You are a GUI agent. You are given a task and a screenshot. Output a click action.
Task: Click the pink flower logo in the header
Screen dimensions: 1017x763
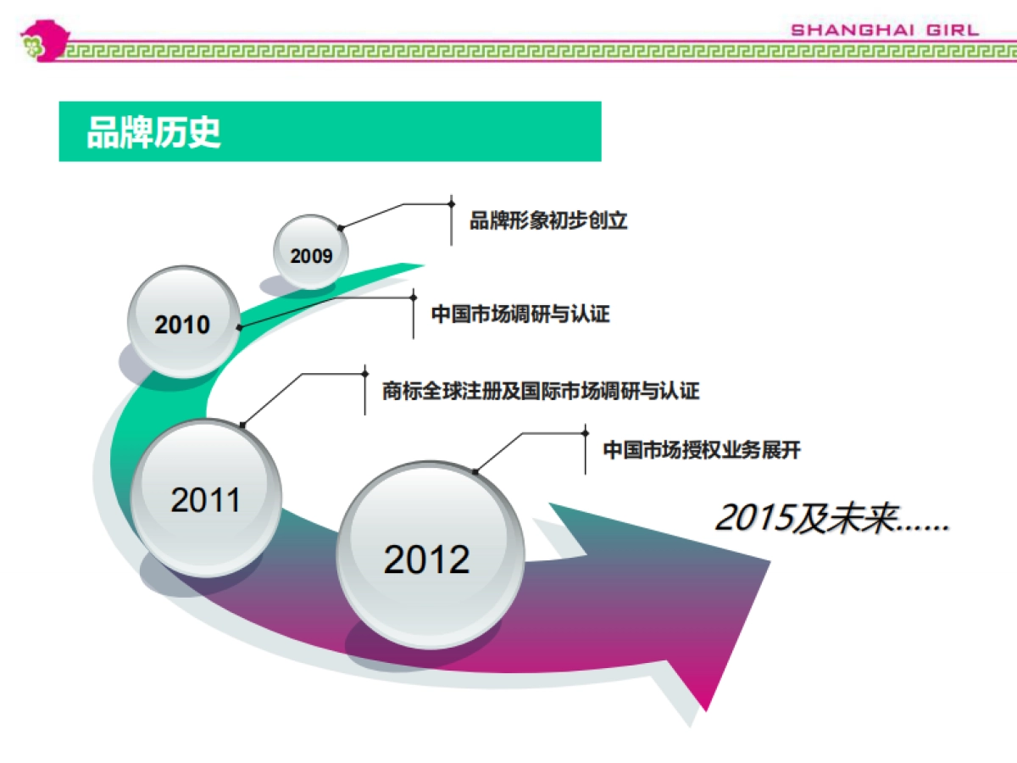point(45,41)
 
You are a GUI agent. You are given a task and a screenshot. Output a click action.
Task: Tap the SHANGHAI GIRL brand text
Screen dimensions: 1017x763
point(885,31)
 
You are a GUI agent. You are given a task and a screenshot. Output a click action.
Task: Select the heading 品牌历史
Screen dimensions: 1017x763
point(153,132)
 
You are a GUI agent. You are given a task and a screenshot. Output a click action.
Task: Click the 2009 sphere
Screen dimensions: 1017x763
point(311,252)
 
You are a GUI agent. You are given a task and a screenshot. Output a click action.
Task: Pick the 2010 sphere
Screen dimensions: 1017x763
point(184,321)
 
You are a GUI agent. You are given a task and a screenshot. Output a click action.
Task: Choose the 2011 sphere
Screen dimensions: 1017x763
point(206,498)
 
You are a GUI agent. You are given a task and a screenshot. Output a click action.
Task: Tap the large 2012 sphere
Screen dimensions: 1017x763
point(430,554)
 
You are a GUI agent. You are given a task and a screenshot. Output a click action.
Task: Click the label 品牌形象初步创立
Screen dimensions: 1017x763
point(548,220)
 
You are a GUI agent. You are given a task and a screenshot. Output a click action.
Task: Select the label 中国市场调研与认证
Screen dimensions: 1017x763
point(520,314)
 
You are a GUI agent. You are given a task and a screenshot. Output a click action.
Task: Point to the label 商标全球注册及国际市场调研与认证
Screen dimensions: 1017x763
point(541,391)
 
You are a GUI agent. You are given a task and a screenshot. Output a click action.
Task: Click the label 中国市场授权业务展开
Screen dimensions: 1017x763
point(702,450)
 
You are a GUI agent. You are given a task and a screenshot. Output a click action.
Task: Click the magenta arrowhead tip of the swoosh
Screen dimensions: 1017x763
point(705,710)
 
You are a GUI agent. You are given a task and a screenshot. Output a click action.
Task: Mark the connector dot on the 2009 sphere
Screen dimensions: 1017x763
point(341,228)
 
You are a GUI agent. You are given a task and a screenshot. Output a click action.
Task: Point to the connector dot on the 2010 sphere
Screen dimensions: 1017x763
point(239,327)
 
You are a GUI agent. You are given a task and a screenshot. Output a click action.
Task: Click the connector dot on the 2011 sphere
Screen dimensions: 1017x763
point(242,425)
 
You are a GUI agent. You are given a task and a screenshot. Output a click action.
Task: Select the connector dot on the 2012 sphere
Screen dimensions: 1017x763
point(475,472)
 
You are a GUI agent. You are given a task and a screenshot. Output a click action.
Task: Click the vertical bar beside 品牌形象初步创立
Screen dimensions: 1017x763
point(451,220)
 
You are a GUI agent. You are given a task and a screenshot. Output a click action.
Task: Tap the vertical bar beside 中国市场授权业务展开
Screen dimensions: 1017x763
point(585,449)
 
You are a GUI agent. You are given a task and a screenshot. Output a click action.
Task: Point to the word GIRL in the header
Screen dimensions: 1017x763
point(952,31)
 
